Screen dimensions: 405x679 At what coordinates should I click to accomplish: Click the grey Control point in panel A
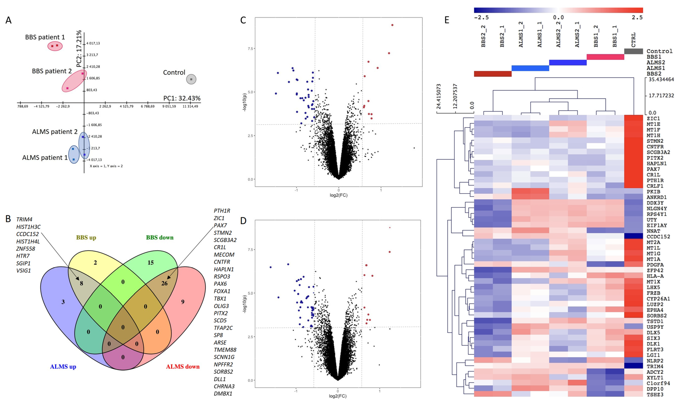(x=191, y=79)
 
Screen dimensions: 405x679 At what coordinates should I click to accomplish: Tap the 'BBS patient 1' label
(x=45, y=37)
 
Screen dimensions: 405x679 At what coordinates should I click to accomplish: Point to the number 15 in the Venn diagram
(x=151, y=263)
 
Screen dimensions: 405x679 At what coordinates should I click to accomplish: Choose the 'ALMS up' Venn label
(x=63, y=367)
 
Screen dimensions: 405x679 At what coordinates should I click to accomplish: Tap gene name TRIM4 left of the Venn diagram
(x=24, y=219)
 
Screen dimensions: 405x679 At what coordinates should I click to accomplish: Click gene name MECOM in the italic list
(x=224, y=255)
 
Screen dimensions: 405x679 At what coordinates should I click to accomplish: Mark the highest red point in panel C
(x=392, y=25)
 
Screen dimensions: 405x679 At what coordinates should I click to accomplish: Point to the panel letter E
(x=447, y=20)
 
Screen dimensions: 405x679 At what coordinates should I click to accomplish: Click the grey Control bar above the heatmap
(x=633, y=51)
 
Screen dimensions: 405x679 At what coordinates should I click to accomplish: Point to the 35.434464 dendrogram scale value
(x=661, y=80)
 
